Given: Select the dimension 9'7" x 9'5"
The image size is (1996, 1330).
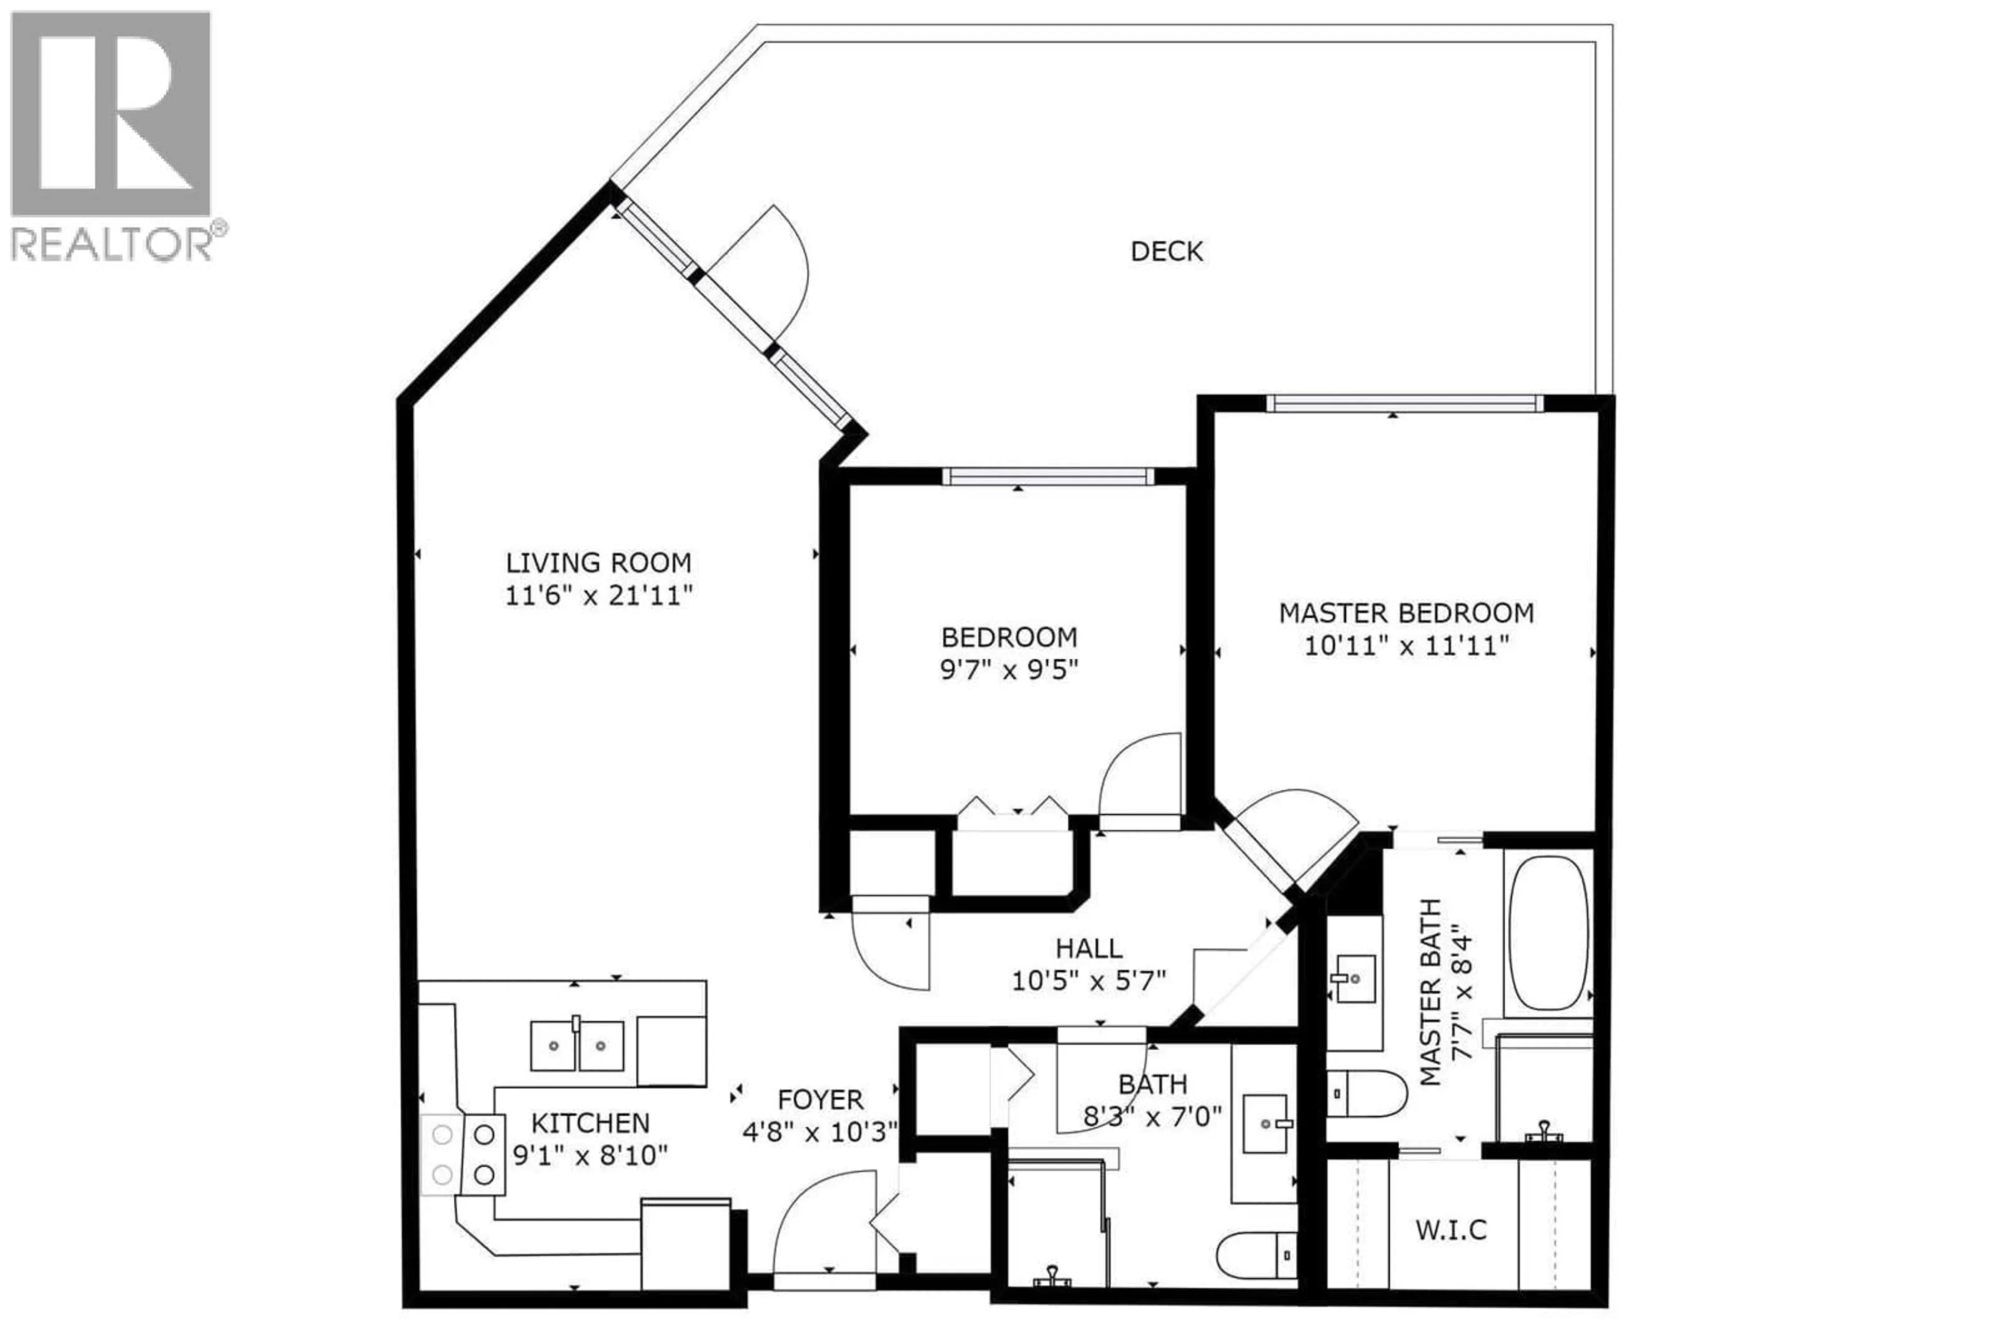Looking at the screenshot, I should (x=1008, y=670).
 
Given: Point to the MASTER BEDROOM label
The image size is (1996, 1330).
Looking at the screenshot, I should (x=1406, y=612).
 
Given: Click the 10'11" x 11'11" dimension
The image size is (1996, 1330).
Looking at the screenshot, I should (x=1406, y=646).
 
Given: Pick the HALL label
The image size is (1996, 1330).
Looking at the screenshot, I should (x=1089, y=947).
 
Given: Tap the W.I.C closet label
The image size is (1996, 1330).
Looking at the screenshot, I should (x=1451, y=1229).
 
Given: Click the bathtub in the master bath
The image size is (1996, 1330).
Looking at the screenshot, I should (x=1548, y=932).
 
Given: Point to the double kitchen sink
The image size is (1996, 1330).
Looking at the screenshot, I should (x=576, y=1046).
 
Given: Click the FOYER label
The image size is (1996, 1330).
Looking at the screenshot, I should (x=820, y=1099).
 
